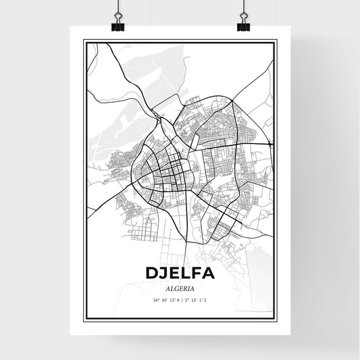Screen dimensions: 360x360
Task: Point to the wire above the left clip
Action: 118,8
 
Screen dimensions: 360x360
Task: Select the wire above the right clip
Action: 242,8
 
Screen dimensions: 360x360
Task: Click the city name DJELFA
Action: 180,273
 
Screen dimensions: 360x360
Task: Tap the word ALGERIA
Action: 180,286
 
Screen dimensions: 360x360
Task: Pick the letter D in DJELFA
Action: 153,273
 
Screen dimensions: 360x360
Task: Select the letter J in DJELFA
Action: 165,273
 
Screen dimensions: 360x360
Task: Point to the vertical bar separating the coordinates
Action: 180,299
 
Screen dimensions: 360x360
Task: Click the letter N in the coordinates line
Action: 176,299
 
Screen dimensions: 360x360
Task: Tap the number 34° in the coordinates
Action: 156,299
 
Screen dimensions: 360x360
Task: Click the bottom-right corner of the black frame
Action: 276,320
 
